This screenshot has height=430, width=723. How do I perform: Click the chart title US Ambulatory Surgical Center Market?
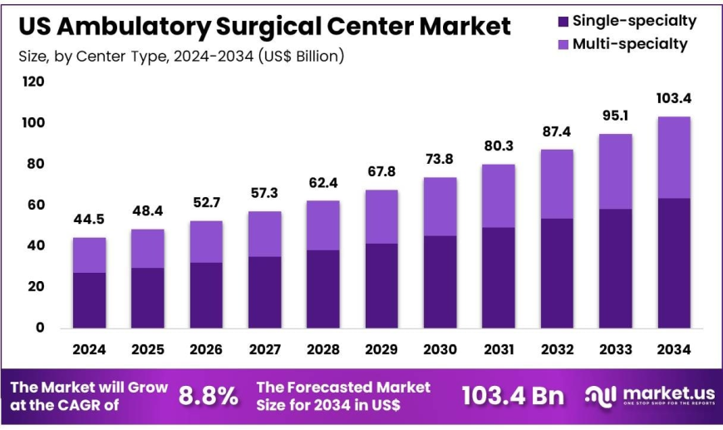pos(265,26)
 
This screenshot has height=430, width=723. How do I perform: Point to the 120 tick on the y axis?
pos(34,82)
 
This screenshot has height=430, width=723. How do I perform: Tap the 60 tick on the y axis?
pos(34,205)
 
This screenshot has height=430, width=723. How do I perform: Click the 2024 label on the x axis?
pos(89,350)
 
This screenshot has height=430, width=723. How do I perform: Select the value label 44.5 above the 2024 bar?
pos(89,220)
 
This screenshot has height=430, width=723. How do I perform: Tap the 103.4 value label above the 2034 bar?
pos(673,99)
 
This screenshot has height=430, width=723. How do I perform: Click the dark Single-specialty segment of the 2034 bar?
pos(673,262)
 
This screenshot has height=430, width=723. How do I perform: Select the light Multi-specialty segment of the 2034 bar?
pos(673,157)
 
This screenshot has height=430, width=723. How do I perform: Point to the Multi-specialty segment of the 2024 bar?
pos(89,255)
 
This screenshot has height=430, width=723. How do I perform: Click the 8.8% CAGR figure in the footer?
pos(208,396)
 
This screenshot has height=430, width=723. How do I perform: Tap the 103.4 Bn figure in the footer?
pos(514,396)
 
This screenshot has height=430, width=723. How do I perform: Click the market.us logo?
pos(648,396)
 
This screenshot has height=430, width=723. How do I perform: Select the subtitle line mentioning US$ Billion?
pos(181,57)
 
